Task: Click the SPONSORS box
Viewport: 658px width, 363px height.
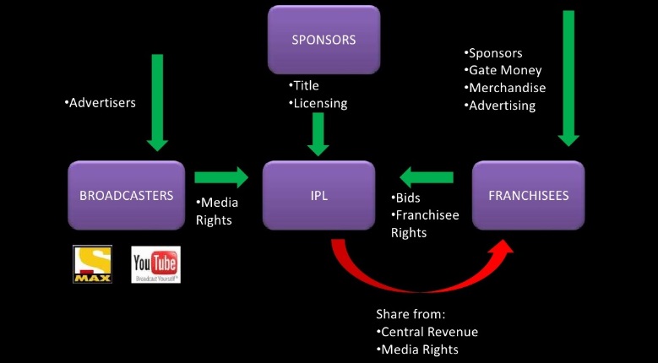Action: [324, 40]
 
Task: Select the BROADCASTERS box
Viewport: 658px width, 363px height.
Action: [127, 195]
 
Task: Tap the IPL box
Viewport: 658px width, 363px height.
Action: [318, 195]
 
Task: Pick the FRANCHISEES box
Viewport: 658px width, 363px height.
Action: [528, 195]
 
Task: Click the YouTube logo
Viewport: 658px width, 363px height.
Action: [155, 264]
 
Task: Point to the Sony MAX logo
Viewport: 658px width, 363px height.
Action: [93, 264]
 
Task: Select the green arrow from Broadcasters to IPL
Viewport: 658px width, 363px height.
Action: [221, 177]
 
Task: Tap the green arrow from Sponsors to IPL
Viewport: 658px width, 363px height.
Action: [318, 134]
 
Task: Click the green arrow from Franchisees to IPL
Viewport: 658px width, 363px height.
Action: [426, 177]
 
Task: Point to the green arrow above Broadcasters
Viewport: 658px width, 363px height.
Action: [157, 100]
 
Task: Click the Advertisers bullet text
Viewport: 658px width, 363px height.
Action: [100, 103]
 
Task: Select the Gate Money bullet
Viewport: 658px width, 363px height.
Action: [503, 70]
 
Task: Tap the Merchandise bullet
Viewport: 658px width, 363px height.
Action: [504, 88]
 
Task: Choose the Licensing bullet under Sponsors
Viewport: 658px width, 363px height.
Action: [318, 104]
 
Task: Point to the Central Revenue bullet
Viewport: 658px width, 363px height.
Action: [427, 331]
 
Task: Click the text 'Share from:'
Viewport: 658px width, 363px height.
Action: [411, 313]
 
